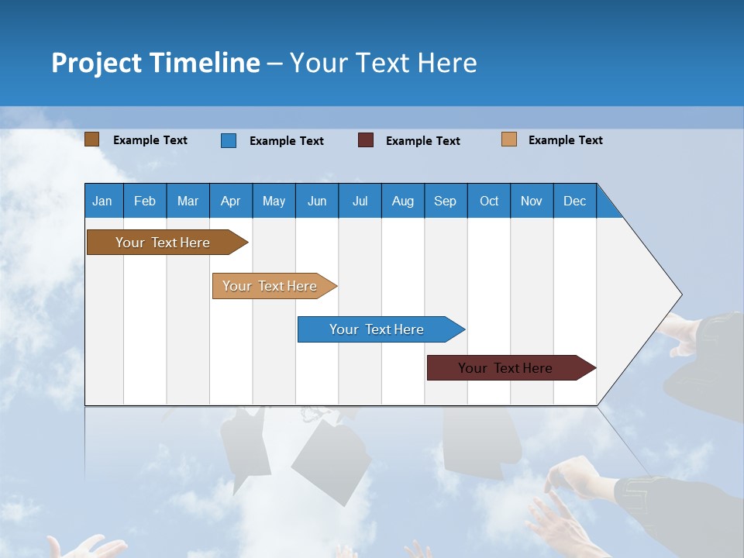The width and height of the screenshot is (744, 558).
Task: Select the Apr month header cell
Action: [231, 201]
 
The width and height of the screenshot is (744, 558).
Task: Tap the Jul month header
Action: [360, 201]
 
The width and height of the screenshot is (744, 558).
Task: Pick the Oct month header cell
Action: [489, 201]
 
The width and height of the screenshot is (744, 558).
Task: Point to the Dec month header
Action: [575, 201]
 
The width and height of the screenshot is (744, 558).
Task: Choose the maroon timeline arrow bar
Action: [511, 367]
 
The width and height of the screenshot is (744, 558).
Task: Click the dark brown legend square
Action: [92, 139]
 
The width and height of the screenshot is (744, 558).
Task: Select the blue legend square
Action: [229, 140]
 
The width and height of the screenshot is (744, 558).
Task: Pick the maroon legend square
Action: [366, 140]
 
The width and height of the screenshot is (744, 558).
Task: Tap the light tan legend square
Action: [509, 139]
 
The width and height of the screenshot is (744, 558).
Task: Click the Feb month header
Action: [145, 201]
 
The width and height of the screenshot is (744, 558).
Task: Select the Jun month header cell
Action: [317, 201]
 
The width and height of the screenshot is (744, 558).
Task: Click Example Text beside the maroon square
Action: [423, 141]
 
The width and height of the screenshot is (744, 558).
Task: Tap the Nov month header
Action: [532, 201]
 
